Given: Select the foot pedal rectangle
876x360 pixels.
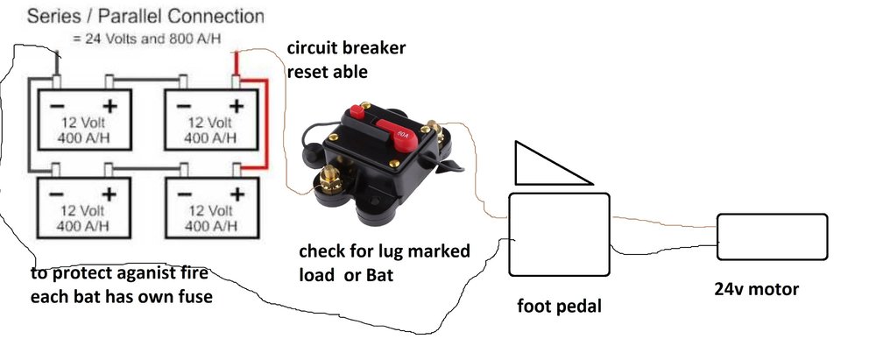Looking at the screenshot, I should (x=559, y=235).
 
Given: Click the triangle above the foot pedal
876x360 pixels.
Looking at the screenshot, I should (x=543, y=165).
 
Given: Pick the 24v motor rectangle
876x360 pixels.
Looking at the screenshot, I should (x=772, y=236).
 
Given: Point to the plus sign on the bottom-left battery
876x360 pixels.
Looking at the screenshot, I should (x=109, y=192).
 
